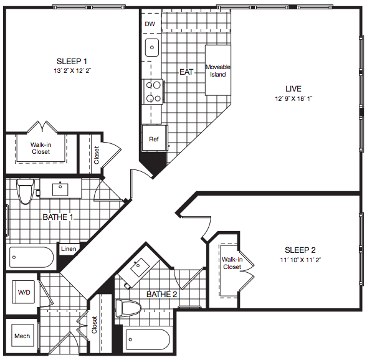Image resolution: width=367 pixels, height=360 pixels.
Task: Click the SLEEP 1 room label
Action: click(72, 61)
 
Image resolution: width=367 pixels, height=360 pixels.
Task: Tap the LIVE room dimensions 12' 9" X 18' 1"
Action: click(293, 98)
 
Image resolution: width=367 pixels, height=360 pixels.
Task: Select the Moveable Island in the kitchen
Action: click(218, 70)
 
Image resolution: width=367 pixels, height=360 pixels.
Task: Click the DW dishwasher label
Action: click(150, 24)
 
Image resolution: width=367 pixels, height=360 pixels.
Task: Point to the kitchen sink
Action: click(151, 47)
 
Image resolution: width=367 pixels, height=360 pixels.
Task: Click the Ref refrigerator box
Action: click(155, 138)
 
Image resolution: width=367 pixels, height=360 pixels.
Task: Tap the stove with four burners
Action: click(153, 92)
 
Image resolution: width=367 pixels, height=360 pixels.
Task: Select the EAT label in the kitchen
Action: click(186, 72)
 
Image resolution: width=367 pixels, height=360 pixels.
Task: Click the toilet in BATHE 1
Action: click(26, 191)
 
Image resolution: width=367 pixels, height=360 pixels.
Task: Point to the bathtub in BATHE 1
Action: click(31, 257)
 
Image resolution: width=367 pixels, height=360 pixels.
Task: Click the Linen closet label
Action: click(69, 249)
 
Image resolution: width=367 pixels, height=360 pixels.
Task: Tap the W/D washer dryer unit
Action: click(24, 292)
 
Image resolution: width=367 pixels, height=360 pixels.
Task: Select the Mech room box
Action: click(22, 336)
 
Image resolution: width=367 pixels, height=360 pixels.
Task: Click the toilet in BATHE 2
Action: click(128, 308)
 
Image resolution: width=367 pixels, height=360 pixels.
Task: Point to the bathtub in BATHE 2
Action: click(148, 339)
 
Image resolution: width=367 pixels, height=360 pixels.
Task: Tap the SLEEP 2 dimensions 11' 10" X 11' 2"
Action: click(300, 260)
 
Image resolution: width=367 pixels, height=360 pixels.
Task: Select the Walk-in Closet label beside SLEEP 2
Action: click(232, 263)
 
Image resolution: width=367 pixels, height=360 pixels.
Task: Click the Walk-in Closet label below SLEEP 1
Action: click(41, 148)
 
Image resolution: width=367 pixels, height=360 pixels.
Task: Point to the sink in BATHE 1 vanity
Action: click(60, 189)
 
